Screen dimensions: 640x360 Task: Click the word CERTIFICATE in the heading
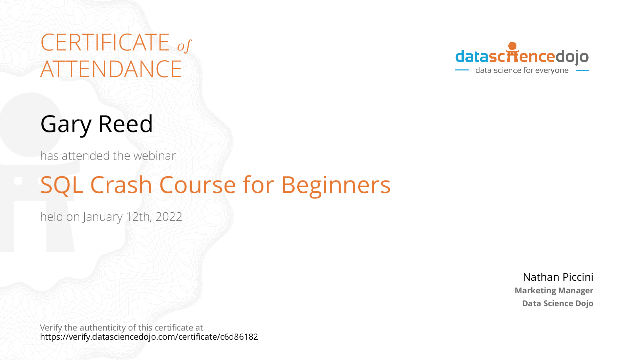coord(105,42)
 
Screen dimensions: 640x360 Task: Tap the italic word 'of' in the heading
coord(184,46)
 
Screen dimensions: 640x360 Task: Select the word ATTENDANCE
coord(111,69)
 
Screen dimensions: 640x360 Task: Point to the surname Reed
coord(126,124)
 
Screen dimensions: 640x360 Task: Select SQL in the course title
coord(62,185)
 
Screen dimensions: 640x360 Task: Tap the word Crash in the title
coord(121,185)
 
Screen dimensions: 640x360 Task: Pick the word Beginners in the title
coord(336,186)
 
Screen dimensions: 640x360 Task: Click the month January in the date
coord(103,217)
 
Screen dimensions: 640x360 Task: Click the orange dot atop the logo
coord(512,46)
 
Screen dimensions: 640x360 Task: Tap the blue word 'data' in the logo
coord(472,56)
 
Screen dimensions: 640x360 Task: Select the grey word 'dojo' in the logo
coord(572,57)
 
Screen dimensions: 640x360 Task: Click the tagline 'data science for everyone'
coord(522,70)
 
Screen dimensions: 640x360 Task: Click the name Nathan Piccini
coord(558,277)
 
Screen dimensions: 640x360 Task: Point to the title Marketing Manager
coord(554,291)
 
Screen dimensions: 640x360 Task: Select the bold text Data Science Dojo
coord(558,303)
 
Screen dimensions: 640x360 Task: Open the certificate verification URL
coord(149,337)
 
